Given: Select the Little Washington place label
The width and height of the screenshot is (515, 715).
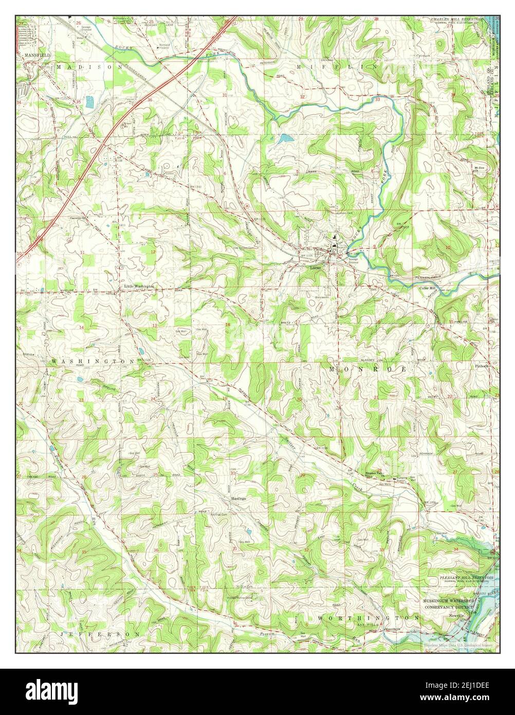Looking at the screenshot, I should click(139, 286).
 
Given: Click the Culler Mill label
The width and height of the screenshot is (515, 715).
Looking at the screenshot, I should click(427, 288).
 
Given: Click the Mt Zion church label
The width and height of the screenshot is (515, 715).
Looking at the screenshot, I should click(479, 168).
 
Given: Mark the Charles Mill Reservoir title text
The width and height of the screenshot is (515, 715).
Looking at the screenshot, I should click(457, 19).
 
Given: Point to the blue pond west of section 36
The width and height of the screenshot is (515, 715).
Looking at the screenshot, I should click(90, 102).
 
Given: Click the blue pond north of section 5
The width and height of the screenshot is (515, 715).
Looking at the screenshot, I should click(284, 138).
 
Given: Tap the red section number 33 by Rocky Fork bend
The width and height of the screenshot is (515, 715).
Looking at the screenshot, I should click(377, 99).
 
